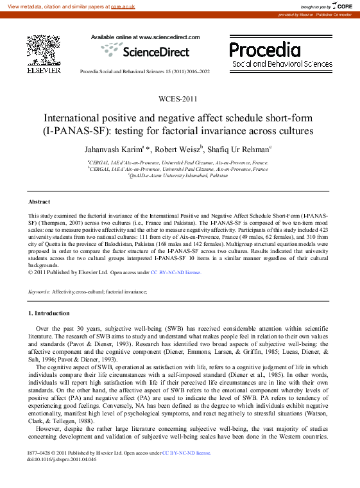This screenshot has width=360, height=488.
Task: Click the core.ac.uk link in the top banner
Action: tap(123, 6)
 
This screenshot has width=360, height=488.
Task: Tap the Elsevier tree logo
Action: tap(44, 49)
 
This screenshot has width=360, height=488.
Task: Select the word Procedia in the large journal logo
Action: tap(265, 49)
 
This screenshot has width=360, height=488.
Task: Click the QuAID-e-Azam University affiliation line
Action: tap(178, 175)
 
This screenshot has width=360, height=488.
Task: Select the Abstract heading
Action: tap(39, 202)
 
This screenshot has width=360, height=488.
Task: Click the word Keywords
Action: tap(39, 292)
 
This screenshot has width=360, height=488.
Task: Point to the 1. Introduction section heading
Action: tap(49, 313)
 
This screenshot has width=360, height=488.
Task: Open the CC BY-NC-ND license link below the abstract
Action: tap(176, 272)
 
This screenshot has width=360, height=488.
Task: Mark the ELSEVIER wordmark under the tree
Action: tap(44, 70)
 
